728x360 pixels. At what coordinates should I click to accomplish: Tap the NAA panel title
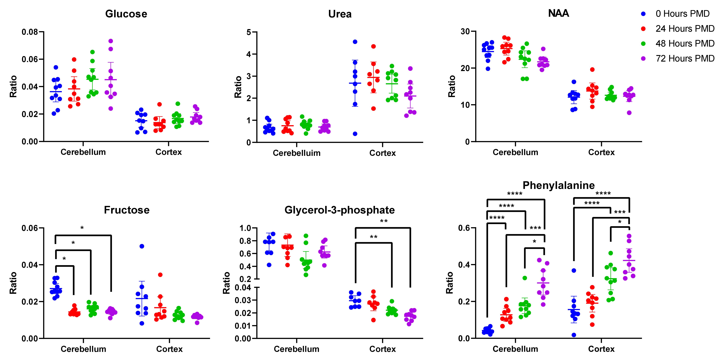pos(558,13)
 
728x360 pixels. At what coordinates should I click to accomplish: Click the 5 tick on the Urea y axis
pos(249,32)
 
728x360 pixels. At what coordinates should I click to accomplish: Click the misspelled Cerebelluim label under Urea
pos(296,153)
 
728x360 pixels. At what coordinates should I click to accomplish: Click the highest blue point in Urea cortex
pos(355,42)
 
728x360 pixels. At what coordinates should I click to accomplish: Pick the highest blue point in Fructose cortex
pos(142,246)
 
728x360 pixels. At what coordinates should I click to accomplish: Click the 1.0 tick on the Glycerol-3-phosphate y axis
pos(245,228)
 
